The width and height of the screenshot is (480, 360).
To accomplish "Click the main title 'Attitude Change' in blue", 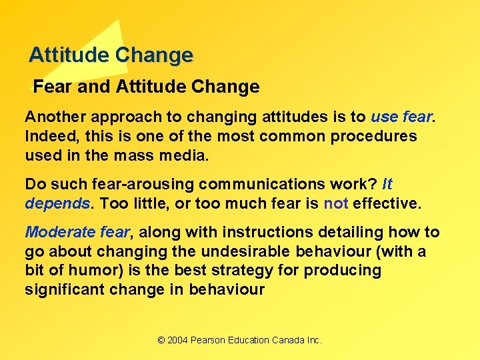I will click(x=111, y=55).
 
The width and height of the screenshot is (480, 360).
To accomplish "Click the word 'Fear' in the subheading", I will click(x=49, y=87).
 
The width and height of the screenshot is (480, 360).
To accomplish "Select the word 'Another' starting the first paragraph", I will click(x=55, y=117).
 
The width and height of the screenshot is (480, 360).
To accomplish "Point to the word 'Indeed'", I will click(x=48, y=137).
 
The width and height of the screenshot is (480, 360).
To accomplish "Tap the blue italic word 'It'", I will click(x=387, y=184).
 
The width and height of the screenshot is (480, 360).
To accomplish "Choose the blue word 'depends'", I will click(x=57, y=203).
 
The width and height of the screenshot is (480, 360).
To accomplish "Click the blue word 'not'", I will click(x=336, y=203).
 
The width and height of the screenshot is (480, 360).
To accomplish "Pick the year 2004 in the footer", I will click(x=177, y=340).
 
